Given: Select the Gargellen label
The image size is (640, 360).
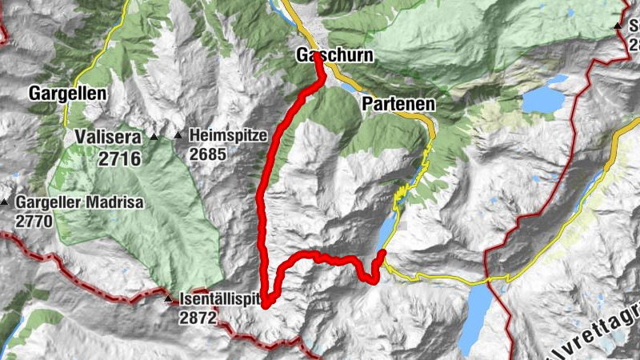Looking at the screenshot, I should (x=67, y=93).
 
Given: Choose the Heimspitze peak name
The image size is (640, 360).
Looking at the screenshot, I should (x=227, y=135).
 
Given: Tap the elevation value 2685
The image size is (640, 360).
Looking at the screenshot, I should (x=210, y=154).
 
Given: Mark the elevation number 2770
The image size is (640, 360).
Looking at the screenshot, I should (x=36, y=221).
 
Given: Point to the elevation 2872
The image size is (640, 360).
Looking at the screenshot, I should (x=198, y=318).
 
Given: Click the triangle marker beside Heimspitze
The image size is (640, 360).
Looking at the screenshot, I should (x=178, y=135).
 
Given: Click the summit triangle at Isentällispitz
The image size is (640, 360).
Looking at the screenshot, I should (x=168, y=300).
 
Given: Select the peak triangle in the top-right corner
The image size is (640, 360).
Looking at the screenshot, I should (x=618, y=26).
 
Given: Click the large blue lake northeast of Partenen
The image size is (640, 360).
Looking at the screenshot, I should (x=543, y=99).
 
